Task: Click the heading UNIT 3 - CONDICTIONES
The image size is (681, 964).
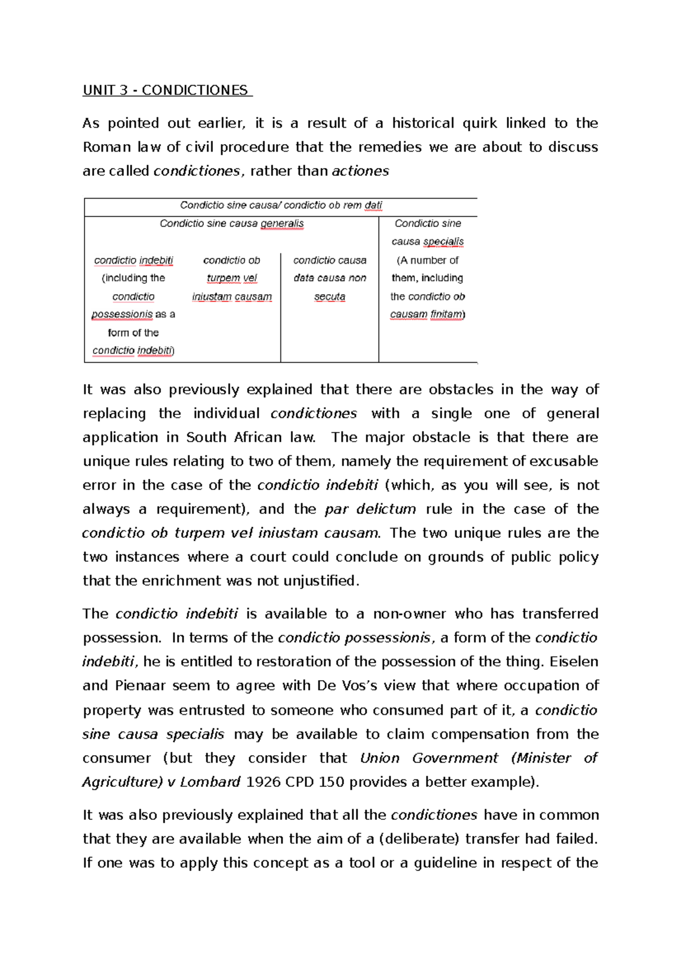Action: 166,90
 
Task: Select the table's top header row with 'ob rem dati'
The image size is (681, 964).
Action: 281,206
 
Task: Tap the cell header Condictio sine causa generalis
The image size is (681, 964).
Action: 232,224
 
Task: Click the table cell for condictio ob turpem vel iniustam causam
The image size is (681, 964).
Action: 232,278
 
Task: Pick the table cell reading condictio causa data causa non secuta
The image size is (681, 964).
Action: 330,278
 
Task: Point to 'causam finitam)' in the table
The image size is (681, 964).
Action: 427,315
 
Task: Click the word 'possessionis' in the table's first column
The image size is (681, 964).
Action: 122,315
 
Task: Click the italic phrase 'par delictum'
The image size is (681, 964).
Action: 370,509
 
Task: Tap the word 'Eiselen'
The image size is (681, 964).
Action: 574,662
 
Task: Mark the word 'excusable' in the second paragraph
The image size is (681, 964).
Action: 564,462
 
